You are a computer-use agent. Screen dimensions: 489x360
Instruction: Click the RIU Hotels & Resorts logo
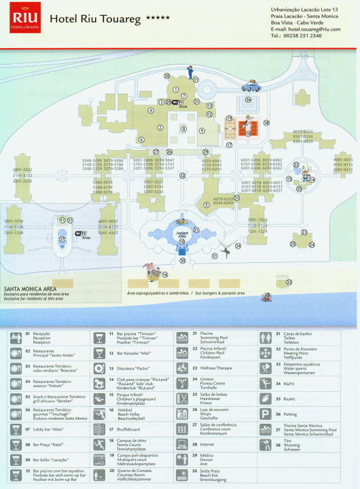tap(25, 20)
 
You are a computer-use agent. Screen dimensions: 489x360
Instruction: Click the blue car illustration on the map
tap(251, 86)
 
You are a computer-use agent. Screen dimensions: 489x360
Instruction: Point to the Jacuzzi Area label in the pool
tap(181, 233)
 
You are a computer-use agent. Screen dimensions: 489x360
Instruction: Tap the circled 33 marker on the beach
tap(288, 282)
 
